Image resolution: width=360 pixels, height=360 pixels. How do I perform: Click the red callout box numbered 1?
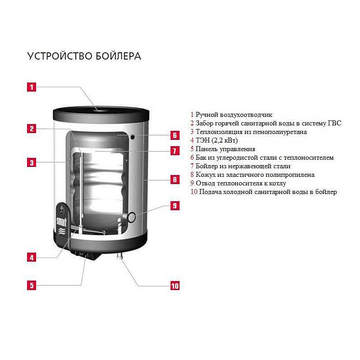point(31,87)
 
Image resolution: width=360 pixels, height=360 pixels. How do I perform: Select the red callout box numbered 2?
point(31,129)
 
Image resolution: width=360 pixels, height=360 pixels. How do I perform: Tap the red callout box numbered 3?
point(31,162)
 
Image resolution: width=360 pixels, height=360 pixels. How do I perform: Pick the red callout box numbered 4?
point(31,258)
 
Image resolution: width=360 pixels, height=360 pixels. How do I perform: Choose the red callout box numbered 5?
point(31,285)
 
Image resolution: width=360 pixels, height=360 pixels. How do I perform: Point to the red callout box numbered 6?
point(174,135)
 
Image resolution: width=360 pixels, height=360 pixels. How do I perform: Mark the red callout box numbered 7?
point(174,151)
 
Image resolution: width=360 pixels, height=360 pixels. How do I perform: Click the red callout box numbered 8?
point(174,180)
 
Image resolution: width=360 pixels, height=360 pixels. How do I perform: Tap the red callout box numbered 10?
point(174,286)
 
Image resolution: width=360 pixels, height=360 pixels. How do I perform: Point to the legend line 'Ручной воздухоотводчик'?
point(231,115)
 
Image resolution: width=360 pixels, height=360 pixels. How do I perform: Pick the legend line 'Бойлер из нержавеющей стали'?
point(240,166)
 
